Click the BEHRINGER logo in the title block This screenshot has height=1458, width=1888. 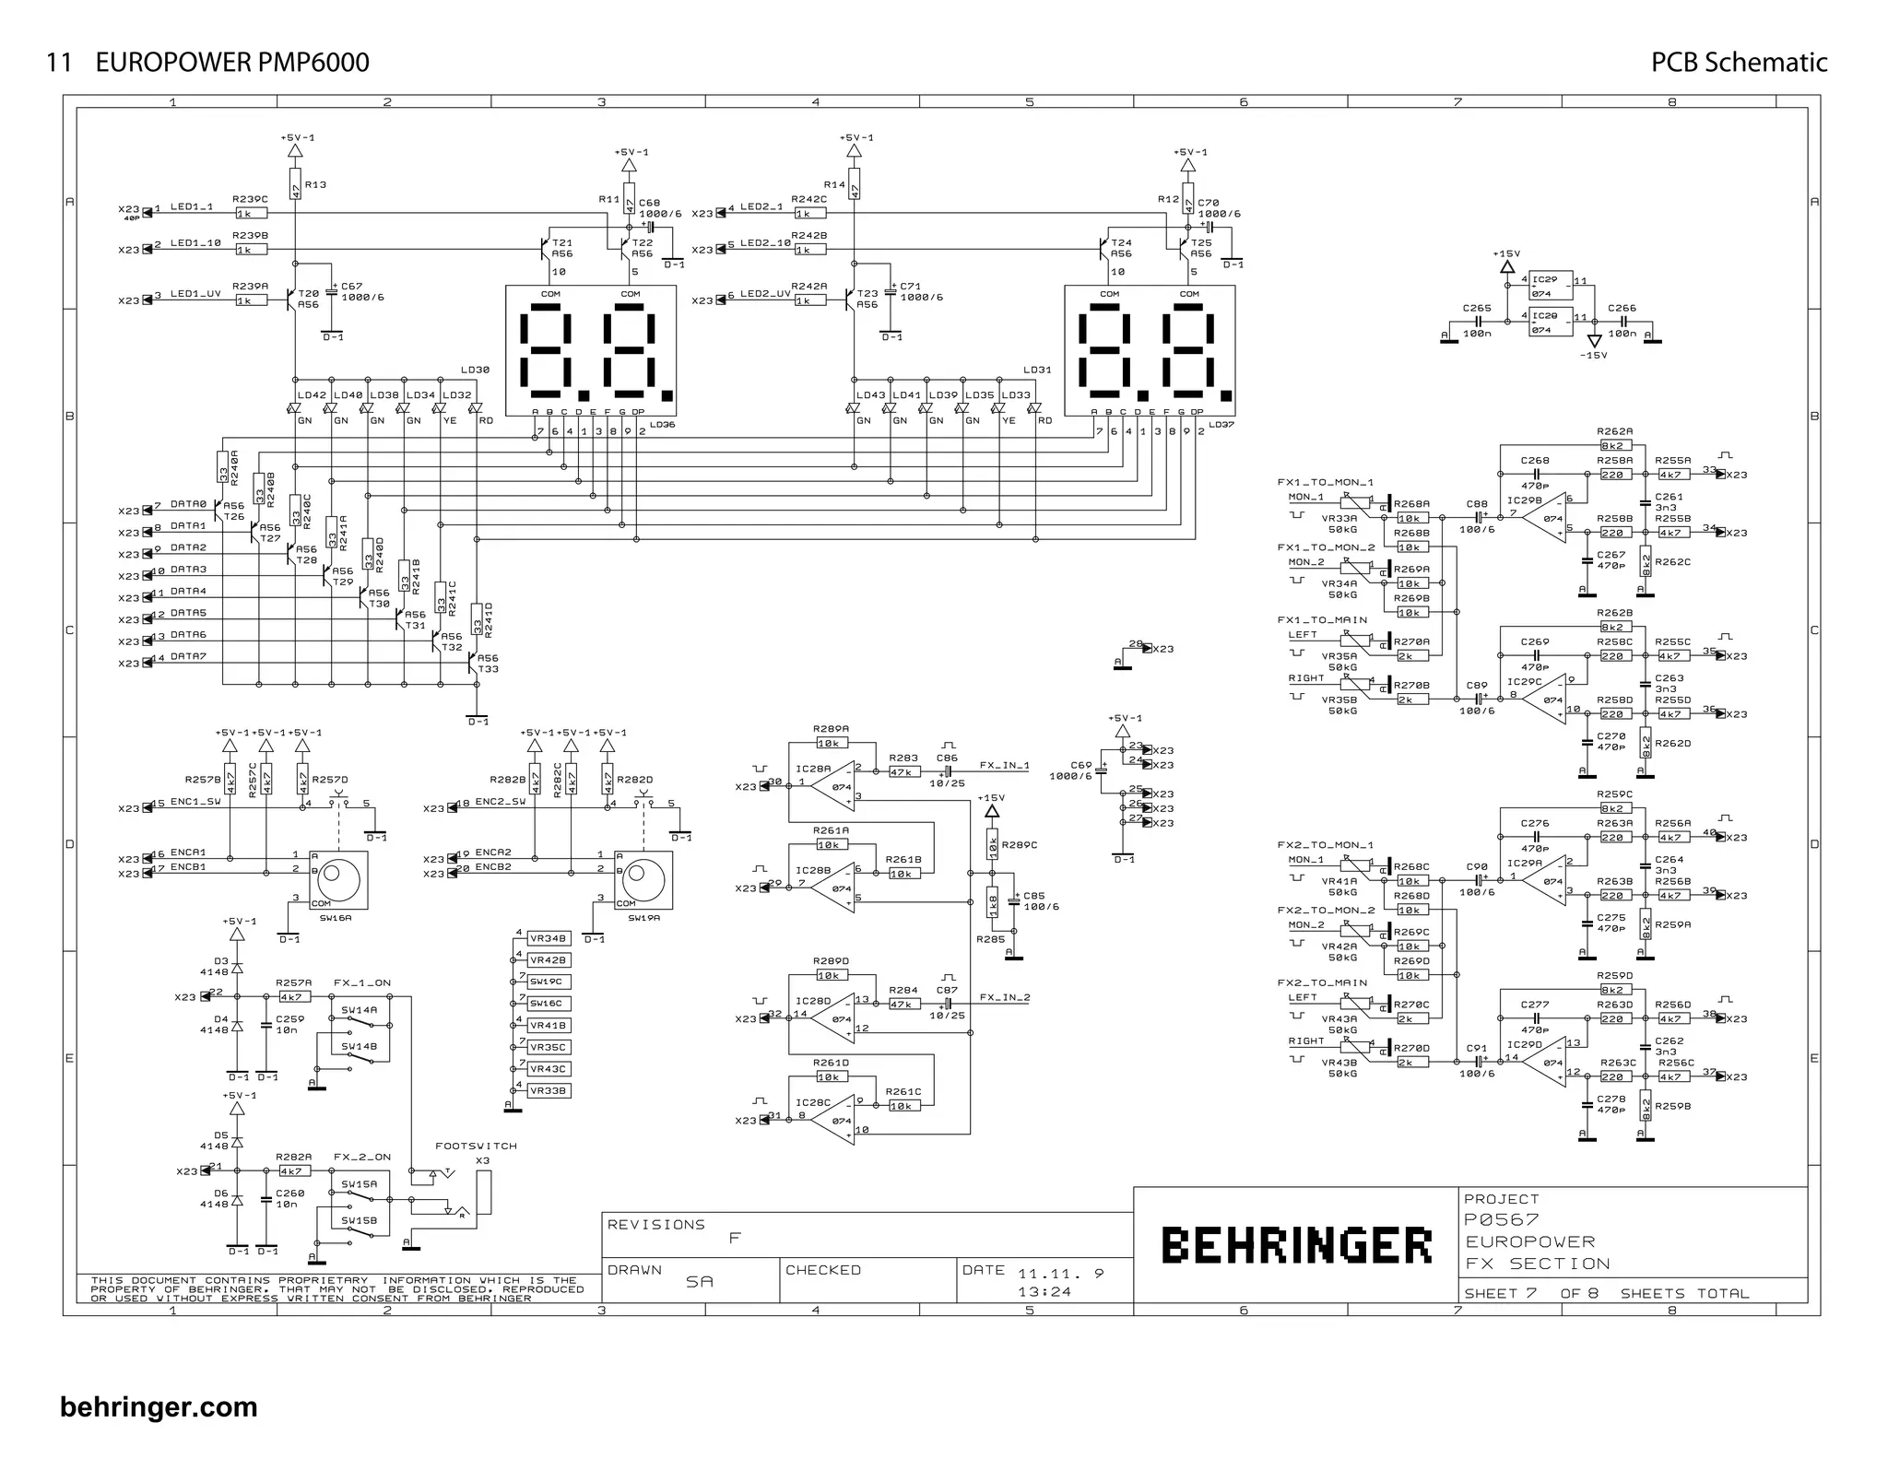tap(1295, 1245)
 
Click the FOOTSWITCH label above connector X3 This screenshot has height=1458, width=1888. tap(476, 1146)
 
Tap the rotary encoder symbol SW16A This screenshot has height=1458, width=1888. tap(338, 877)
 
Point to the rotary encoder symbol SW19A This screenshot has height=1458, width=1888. tap(643, 877)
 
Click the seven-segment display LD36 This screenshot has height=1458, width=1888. tap(591, 350)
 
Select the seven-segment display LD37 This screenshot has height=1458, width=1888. tap(1150, 350)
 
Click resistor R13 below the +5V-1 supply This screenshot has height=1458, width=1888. tap(295, 184)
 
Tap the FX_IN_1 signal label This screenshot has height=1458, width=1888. tap(1004, 765)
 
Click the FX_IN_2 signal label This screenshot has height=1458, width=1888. tap(1004, 997)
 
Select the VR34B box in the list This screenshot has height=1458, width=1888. tap(549, 938)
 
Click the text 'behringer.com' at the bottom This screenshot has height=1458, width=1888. tap(159, 1407)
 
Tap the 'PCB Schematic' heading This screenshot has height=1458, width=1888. tap(1739, 63)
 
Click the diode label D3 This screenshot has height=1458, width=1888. tap(221, 961)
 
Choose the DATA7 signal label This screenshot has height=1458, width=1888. tap(188, 657)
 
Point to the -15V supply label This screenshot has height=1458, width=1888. tap(1593, 355)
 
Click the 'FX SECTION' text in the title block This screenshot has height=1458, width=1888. tap(1538, 1264)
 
